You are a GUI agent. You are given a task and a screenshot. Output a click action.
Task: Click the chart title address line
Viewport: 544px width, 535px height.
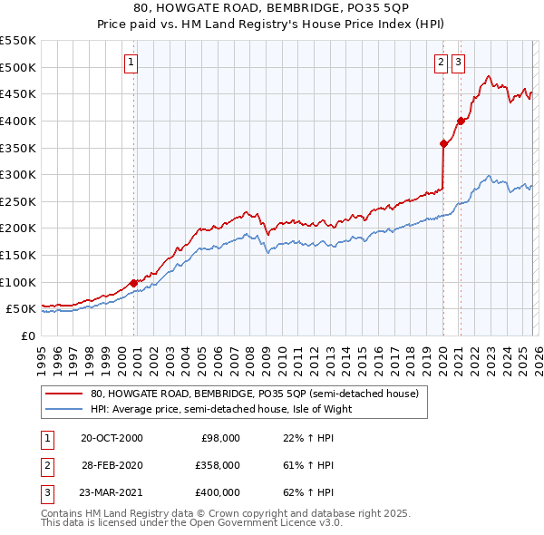(271, 8)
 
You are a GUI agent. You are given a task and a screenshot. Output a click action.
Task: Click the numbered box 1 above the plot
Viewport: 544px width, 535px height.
(131, 63)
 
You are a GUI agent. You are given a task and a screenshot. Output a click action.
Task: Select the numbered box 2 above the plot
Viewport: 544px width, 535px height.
(441, 63)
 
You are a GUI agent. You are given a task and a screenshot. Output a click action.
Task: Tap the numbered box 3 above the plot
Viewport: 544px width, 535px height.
(458, 63)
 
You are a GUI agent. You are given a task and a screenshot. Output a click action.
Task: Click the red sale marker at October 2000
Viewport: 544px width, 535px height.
(134, 283)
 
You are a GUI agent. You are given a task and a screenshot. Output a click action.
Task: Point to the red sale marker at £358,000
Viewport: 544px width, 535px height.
(443, 143)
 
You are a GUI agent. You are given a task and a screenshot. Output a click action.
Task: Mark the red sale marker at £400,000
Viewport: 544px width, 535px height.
(461, 121)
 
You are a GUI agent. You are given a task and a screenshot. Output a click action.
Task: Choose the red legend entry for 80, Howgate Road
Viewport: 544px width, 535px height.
(254, 394)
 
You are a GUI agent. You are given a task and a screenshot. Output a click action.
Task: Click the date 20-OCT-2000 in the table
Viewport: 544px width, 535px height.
(112, 438)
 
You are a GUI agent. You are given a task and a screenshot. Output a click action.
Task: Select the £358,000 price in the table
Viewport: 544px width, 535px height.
(218, 465)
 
